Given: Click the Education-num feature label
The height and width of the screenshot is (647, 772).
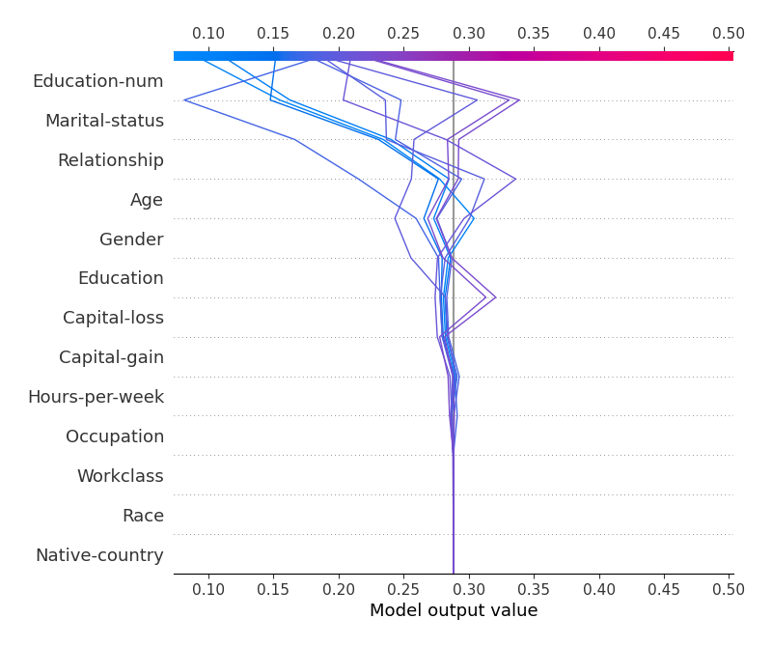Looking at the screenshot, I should (x=97, y=81).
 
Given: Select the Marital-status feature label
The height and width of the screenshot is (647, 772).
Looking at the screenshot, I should (x=104, y=121).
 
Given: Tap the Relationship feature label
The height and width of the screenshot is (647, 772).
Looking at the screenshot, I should (x=110, y=160).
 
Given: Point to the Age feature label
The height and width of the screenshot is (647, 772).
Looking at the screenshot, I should (x=147, y=200).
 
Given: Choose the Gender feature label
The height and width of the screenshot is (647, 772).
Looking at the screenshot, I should (x=131, y=239).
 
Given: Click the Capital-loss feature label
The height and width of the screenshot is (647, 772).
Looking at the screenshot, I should (x=113, y=318).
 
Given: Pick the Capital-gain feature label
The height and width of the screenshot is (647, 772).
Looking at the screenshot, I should (x=111, y=357).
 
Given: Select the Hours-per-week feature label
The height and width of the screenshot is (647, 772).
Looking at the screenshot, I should (x=96, y=397).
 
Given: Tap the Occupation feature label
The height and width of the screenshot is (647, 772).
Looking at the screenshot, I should (x=115, y=436).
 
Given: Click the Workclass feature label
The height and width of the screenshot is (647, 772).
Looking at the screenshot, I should (x=121, y=476).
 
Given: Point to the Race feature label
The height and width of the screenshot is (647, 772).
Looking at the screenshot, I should (x=143, y=516).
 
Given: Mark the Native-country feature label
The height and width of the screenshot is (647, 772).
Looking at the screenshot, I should (x=99, y=555).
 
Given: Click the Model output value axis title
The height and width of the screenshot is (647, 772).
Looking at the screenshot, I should (x=454, y=610).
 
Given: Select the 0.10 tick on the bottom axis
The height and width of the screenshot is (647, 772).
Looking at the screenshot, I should (x=208, y=588).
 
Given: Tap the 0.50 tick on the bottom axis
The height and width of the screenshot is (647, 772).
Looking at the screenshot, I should (x=729, y=588).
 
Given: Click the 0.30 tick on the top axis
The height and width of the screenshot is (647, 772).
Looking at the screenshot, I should (x=469, y=34).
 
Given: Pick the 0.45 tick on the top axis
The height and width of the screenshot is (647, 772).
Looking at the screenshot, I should (x=664, y=34).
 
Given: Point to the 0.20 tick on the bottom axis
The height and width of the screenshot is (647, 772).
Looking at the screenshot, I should (x=339, y=588).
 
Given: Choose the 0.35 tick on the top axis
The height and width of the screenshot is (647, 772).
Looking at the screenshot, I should (x=534, y=34).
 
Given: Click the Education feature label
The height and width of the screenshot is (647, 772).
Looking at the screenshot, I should (x=121, y=278).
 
